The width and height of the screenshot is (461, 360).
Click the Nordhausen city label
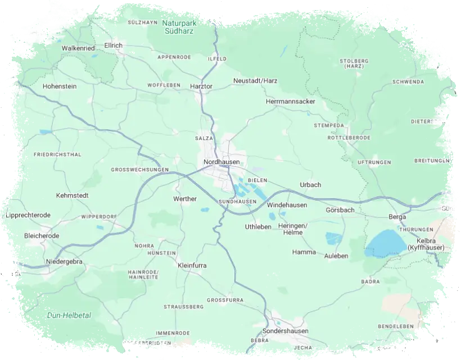tap(222, 162)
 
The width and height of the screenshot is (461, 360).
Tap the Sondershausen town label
tap(286, 331)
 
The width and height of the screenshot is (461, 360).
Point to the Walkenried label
tap(78, 48)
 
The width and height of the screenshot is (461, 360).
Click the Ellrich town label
tap(113, 45)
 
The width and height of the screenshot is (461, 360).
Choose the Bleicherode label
tap(42, 236)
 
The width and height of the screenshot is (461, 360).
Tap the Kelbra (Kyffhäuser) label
tap(426, 244)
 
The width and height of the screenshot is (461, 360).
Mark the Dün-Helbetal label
tap(69, 315)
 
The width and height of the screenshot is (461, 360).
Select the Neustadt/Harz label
tap(255, 81)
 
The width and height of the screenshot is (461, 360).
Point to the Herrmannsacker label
tap(291, 102)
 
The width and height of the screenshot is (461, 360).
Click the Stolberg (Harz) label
tap(354, 63)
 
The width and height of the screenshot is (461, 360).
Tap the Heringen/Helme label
tap(293, 229)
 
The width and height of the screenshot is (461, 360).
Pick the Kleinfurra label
tap(193, 265)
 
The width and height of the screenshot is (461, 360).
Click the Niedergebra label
tap(64, 262)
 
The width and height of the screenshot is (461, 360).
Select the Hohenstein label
tap(60, 86)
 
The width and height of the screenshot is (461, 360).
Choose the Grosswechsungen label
tap(140, 169)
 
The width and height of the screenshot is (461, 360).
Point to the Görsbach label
tap(340, 210)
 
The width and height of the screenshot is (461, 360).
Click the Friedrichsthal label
tap(57, 154)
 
